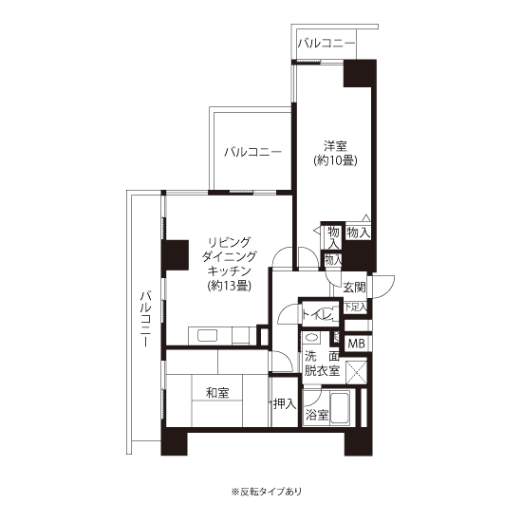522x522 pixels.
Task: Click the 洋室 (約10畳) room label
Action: [335, 154]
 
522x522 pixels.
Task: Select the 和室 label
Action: [217, 393]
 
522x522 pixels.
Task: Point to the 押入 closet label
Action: [285, 403]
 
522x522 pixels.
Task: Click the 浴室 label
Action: [317, 415]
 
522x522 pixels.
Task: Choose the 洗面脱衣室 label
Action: [322, 364]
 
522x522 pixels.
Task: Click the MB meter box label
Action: [356, 344]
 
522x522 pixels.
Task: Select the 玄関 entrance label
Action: [354, 287]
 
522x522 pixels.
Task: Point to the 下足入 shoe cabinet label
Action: [356, 307]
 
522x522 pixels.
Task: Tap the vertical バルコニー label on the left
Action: [146, 319]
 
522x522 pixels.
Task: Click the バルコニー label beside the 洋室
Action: [252, 152]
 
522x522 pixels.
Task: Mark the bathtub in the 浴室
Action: [340, 408]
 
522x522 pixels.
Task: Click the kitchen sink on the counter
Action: [208, 335]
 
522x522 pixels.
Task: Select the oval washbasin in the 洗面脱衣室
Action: [311, 338]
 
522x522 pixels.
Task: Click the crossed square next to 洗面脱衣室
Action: [356, 373]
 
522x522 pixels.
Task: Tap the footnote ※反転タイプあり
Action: [267, 492]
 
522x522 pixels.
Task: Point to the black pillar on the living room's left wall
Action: [176, 255]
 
